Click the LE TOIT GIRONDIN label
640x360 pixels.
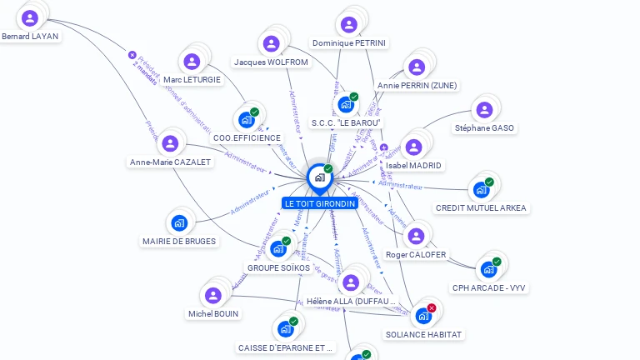319,203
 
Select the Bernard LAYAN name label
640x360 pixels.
30,37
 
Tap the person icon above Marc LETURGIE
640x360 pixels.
192,62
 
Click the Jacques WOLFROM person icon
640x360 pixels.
271,44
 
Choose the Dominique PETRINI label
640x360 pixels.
350,42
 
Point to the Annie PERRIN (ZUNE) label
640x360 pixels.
417,85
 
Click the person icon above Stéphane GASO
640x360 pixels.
484,110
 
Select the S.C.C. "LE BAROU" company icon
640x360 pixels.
345,105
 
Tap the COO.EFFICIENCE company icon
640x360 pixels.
247,120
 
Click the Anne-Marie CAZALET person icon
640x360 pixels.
171,143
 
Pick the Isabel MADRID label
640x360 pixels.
414,165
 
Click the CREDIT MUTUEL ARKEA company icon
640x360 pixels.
481,189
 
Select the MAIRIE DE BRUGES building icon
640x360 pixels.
178,222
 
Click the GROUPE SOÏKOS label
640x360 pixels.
278,267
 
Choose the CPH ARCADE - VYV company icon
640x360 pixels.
488,269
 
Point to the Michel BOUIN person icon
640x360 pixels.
212,295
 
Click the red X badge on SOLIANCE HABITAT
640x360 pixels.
432,308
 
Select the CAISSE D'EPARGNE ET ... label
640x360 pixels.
285,348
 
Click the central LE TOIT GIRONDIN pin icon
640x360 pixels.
319,177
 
